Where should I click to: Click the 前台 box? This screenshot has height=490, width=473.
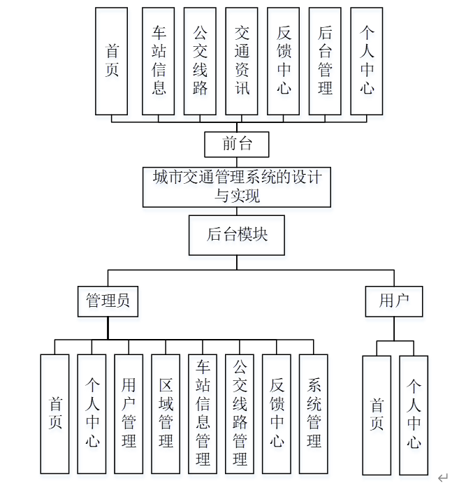click(x=237, y=145)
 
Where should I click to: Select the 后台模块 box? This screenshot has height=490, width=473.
click(x=237, y=235)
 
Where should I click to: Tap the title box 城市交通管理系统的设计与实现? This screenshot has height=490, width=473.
click(x=237, y=187)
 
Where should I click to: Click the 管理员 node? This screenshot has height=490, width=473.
click(x=108, y=301)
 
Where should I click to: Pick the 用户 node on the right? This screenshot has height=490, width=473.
click(x=394, y=301)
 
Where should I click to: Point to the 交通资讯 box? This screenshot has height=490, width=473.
click(x=242, y=61)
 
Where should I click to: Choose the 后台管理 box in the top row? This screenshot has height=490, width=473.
click(x=325, y=61)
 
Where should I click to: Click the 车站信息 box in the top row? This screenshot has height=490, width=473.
click(x=159, y=61)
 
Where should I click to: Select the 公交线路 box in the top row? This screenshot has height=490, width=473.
click(x=200, y=61)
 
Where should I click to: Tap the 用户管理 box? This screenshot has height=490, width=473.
click(x=129, y=414)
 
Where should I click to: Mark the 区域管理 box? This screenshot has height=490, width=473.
click(x=166, y=414)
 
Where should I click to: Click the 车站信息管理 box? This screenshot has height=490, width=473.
click(x=203, y=414)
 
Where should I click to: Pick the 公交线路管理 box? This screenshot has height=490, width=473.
click(x=240, y=414)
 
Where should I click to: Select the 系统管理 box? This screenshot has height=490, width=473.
click(x=314, y=414)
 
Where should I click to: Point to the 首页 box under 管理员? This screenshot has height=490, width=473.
click(x=54, y=414)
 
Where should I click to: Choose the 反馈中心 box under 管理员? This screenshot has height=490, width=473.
click(x=277, y=414)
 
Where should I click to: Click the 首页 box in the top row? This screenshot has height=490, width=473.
click(x=112, y=61)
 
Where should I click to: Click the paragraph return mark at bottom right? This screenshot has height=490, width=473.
click(x=442, y=478)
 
